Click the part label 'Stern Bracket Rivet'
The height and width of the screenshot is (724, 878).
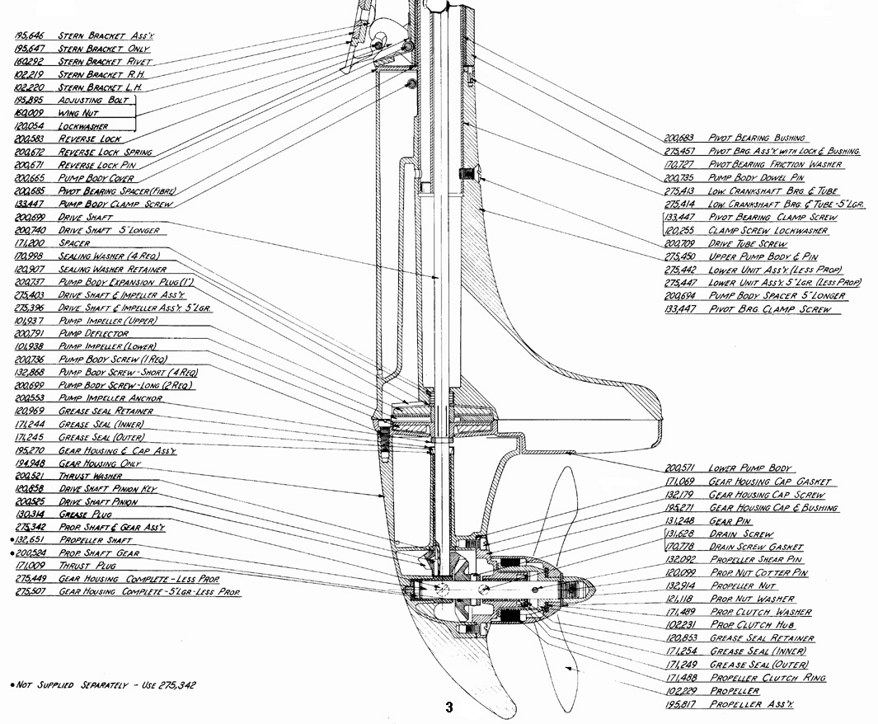click(x=105, y=62)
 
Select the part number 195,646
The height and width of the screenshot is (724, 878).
click(x=29, y=35)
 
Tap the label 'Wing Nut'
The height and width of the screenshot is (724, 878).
click(x=78, y=113)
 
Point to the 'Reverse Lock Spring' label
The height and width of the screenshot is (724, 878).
click(x=106, y=153)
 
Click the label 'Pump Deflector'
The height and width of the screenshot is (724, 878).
click(x=93, y=334)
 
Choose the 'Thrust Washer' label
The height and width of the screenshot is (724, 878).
click(x=90, y=476)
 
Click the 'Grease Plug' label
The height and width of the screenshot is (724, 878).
click(x=85, y=515)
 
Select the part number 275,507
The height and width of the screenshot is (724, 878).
click(x=30, y=592)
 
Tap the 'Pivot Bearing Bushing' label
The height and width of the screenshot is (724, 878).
click(x=757, y=138)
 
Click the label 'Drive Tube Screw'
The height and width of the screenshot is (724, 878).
click(x=748, y=243)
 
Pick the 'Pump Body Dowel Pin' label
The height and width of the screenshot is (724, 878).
click(x=756, y=177)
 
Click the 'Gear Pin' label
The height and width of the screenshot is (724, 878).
click(x=730, y=521)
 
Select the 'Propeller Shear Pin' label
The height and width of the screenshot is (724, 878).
click(x=756, y=559)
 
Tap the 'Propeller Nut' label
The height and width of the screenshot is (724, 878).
click(x=743, y=585)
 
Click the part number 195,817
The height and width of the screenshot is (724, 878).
click(x=680, y=704)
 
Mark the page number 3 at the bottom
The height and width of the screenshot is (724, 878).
click(x=449, y=708)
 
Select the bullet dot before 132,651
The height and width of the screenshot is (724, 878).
click(x=12, y=540)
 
